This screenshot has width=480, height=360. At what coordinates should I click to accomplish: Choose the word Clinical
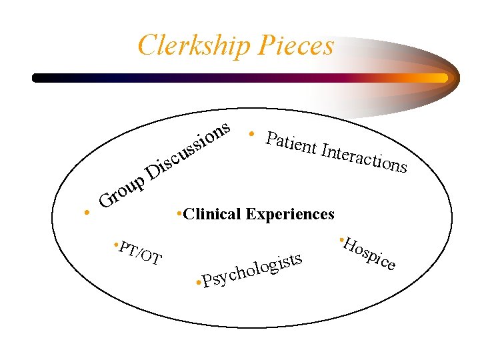tap(213, 214)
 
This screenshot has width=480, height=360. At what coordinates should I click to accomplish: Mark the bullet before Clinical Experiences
tap(179, 213)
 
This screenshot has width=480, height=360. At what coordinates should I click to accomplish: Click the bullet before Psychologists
tap(198, 285)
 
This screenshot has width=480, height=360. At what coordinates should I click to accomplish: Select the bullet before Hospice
tap(340, 238)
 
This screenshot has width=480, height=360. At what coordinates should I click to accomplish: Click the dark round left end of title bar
tap(37, 77)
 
